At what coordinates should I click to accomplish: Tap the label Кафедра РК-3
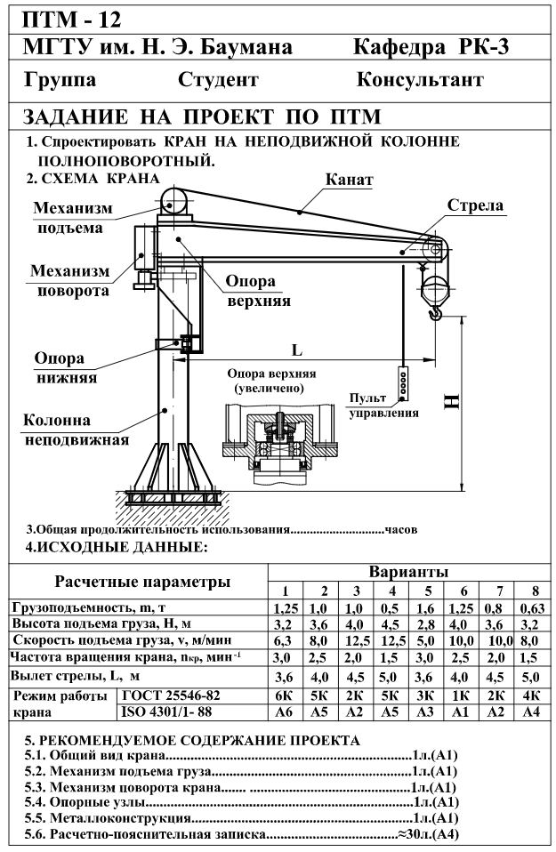pyautogui.click(x=431, y=47)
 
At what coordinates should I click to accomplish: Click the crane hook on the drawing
pyautogui.click(x=436, y=311)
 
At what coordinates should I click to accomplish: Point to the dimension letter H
pyautogui.click(x=451, y=403)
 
